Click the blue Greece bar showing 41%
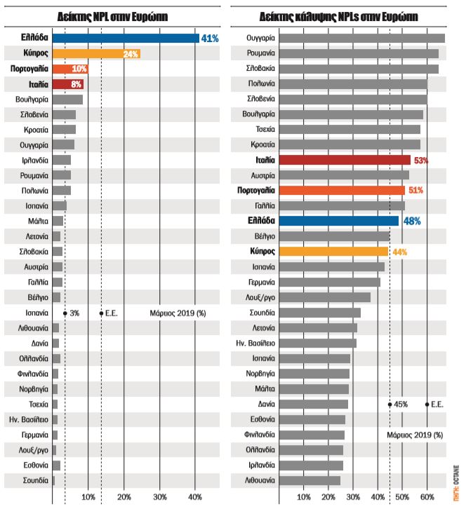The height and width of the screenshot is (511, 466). click(x=126, y=38)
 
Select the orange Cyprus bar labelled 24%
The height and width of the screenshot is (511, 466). click(x=96, y=53)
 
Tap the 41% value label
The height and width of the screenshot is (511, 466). click(x=210, y=38)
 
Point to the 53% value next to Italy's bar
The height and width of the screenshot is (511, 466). click(x=421, y=160)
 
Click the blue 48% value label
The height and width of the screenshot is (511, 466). click(x=412, y=221)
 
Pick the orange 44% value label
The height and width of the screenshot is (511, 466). click(x=398, y=252)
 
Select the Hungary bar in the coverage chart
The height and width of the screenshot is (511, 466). click(x=362, y=38)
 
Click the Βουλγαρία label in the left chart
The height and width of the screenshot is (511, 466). click(x=31, y=100)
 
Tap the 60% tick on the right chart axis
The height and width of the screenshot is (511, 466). click(x=427, y=497)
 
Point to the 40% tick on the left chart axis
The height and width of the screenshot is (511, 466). click(x=195, y=497)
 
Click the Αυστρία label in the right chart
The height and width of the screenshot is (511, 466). click(x=260, y=175)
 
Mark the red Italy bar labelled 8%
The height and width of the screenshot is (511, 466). click(x=69, y=84)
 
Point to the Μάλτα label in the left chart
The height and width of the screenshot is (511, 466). click(x=37, y=221)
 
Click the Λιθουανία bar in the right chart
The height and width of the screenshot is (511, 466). click(x=309, y=480)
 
